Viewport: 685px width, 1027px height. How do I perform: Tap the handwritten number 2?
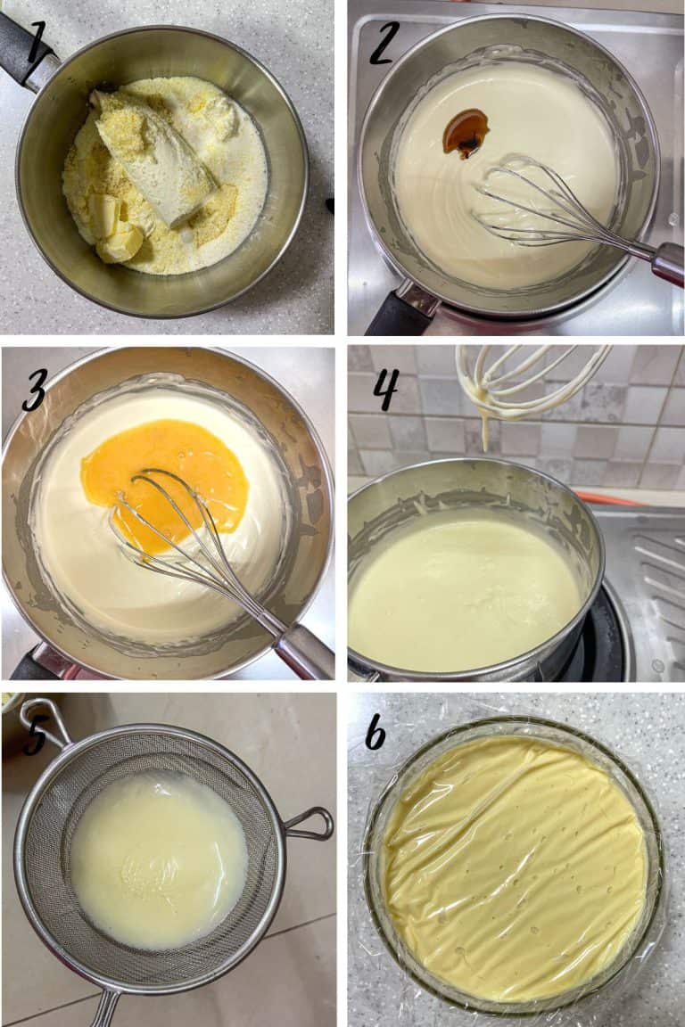coord(384,42)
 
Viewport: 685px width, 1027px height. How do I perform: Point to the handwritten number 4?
coord(385,390)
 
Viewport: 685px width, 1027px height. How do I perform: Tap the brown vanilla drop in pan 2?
coord(466,133)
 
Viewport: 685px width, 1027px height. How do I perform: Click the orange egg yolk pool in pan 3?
coord(164,482)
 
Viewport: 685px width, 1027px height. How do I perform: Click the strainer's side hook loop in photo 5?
coord(308,824)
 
